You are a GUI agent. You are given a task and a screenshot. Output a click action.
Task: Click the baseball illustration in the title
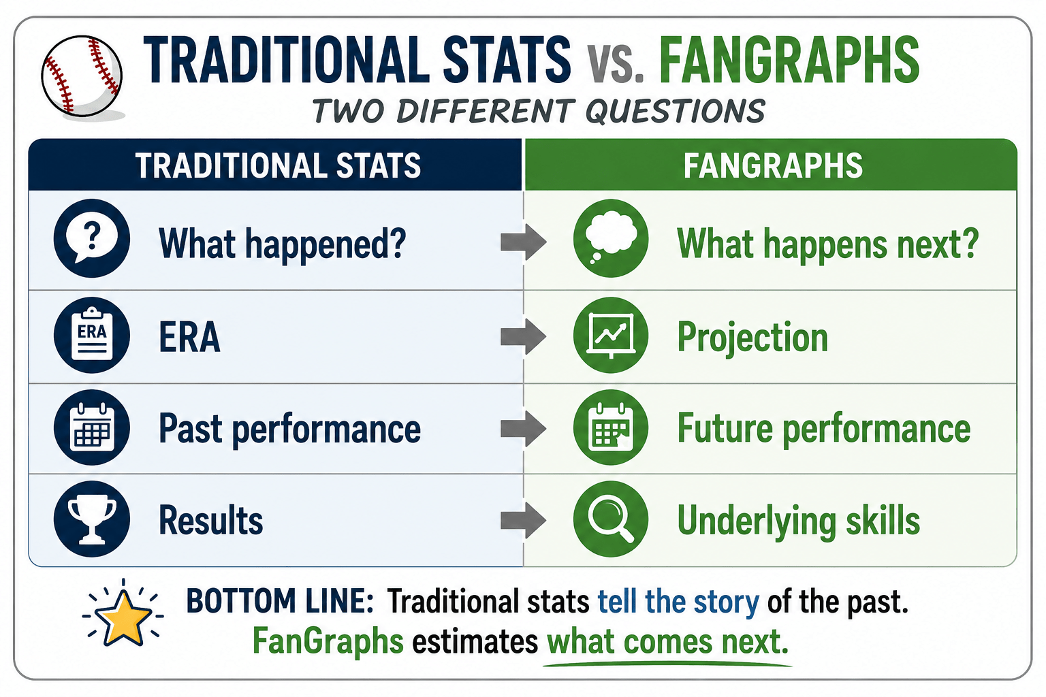coord(82,76)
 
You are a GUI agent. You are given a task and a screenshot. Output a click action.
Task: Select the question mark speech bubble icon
coord(91,238)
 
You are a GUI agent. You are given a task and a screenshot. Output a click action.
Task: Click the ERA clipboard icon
coord(91,335)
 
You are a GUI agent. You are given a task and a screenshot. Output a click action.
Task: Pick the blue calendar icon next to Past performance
coord(91,427)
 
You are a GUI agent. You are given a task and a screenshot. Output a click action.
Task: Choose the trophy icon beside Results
coord(91,519)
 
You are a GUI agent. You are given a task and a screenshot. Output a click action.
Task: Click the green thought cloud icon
coord(611,238)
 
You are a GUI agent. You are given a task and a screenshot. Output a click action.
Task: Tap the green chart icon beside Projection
coord(611,335)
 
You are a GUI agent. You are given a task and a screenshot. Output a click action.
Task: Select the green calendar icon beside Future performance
coord(611,427)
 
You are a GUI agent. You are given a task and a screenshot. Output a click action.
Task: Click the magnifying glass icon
coord(611,519)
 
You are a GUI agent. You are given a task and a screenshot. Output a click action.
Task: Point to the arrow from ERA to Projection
coord(524,336)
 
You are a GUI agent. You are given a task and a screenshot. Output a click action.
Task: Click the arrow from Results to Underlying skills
coord(524,521)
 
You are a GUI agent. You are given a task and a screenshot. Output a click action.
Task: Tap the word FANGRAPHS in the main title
coord(789,61)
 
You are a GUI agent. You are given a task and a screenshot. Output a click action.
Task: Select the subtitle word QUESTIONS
coord(676,111)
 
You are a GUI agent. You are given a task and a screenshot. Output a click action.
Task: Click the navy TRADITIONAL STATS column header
coord(279,165)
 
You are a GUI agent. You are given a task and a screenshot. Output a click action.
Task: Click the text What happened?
coord(283,244)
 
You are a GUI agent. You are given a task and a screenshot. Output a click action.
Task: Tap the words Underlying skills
coord(799,521)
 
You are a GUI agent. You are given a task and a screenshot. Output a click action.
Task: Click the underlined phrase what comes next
coord(668,642)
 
